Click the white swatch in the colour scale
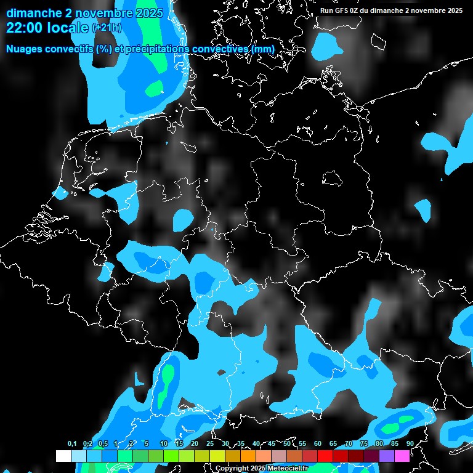point(63,456)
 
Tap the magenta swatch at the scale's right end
point(402,456)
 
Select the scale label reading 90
point(410,443)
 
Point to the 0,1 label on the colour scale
point(72,443)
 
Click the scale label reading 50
point(287,443)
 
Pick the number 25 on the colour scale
point(210,443)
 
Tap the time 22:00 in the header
point(25,28)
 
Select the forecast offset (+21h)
point(106,28)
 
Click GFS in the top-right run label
point(342,10)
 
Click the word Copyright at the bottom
point(232,468)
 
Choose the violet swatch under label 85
point(386,456)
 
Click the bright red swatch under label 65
point(325,456)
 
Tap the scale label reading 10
point(164,443)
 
